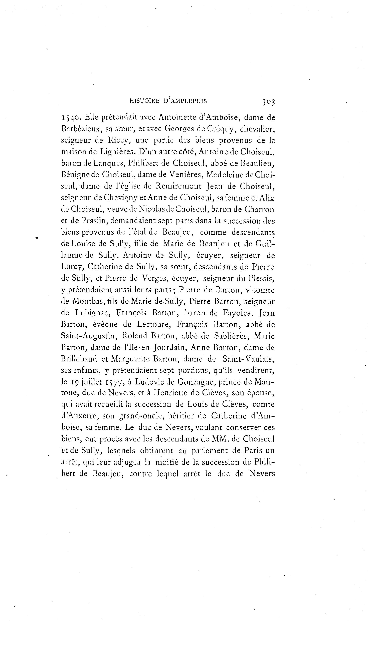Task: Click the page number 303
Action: [x=268, y=102]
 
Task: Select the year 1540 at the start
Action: [x=71, y=117]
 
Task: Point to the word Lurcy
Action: [x=72, y=267]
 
